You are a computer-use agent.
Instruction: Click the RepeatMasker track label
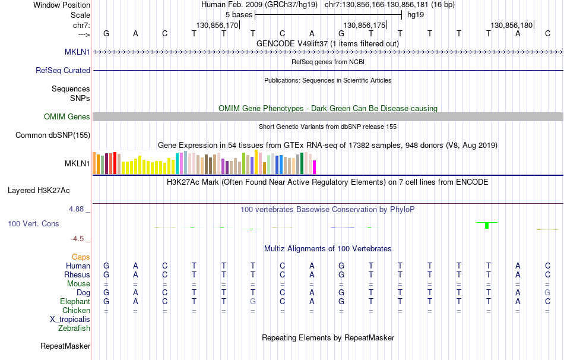pos(65,346)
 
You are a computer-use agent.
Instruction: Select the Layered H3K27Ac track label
pos(39,191)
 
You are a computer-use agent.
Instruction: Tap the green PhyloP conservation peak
pos(487,225)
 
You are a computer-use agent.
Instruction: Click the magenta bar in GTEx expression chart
pos(315,167)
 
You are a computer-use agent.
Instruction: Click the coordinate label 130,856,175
pos(364,26)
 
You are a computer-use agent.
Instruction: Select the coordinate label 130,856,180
pos(511,26)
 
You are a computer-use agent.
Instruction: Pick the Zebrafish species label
pos(74,328)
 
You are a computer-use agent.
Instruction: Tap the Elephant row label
pos(75,301)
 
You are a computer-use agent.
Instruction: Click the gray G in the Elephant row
pos(253,301)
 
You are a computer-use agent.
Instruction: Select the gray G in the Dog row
pos(547,292)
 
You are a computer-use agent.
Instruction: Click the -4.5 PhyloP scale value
pos(78,239)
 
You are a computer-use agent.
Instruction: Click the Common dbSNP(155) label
pos(53,135)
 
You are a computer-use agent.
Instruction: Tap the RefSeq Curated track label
pos(63,70)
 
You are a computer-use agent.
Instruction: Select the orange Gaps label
pos(81,257)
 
